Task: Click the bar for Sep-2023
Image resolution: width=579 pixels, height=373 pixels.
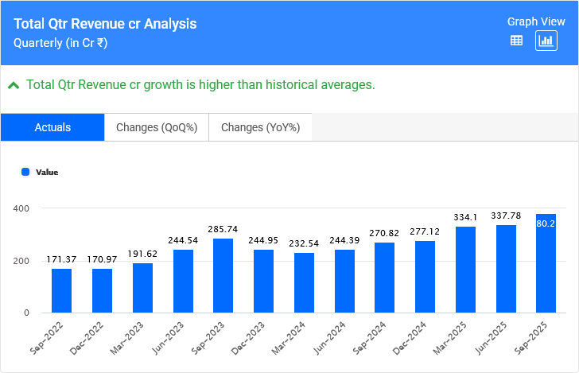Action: click(223, 275)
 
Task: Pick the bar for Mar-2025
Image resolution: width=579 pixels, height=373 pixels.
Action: click(465, 270)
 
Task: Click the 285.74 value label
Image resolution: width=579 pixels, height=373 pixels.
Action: click(223, 229)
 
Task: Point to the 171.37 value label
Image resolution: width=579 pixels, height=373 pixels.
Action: click(62, 259)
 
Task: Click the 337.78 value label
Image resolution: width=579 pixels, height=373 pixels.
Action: click(506, 216)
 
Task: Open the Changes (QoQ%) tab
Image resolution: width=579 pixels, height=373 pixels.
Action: click(157, 127)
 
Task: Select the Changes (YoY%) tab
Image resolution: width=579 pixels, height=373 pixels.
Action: click(260, 127)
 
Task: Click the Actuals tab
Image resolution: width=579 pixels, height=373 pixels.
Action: click(52, 127)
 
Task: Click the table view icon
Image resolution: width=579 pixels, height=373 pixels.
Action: click(516, 41)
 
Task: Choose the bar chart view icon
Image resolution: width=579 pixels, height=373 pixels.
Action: click(546, 41)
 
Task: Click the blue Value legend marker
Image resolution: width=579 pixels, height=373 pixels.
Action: click(25, 172)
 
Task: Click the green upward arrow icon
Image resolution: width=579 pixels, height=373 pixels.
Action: click(14, 85)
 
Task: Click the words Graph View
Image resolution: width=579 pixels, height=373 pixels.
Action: click(535, 21)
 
